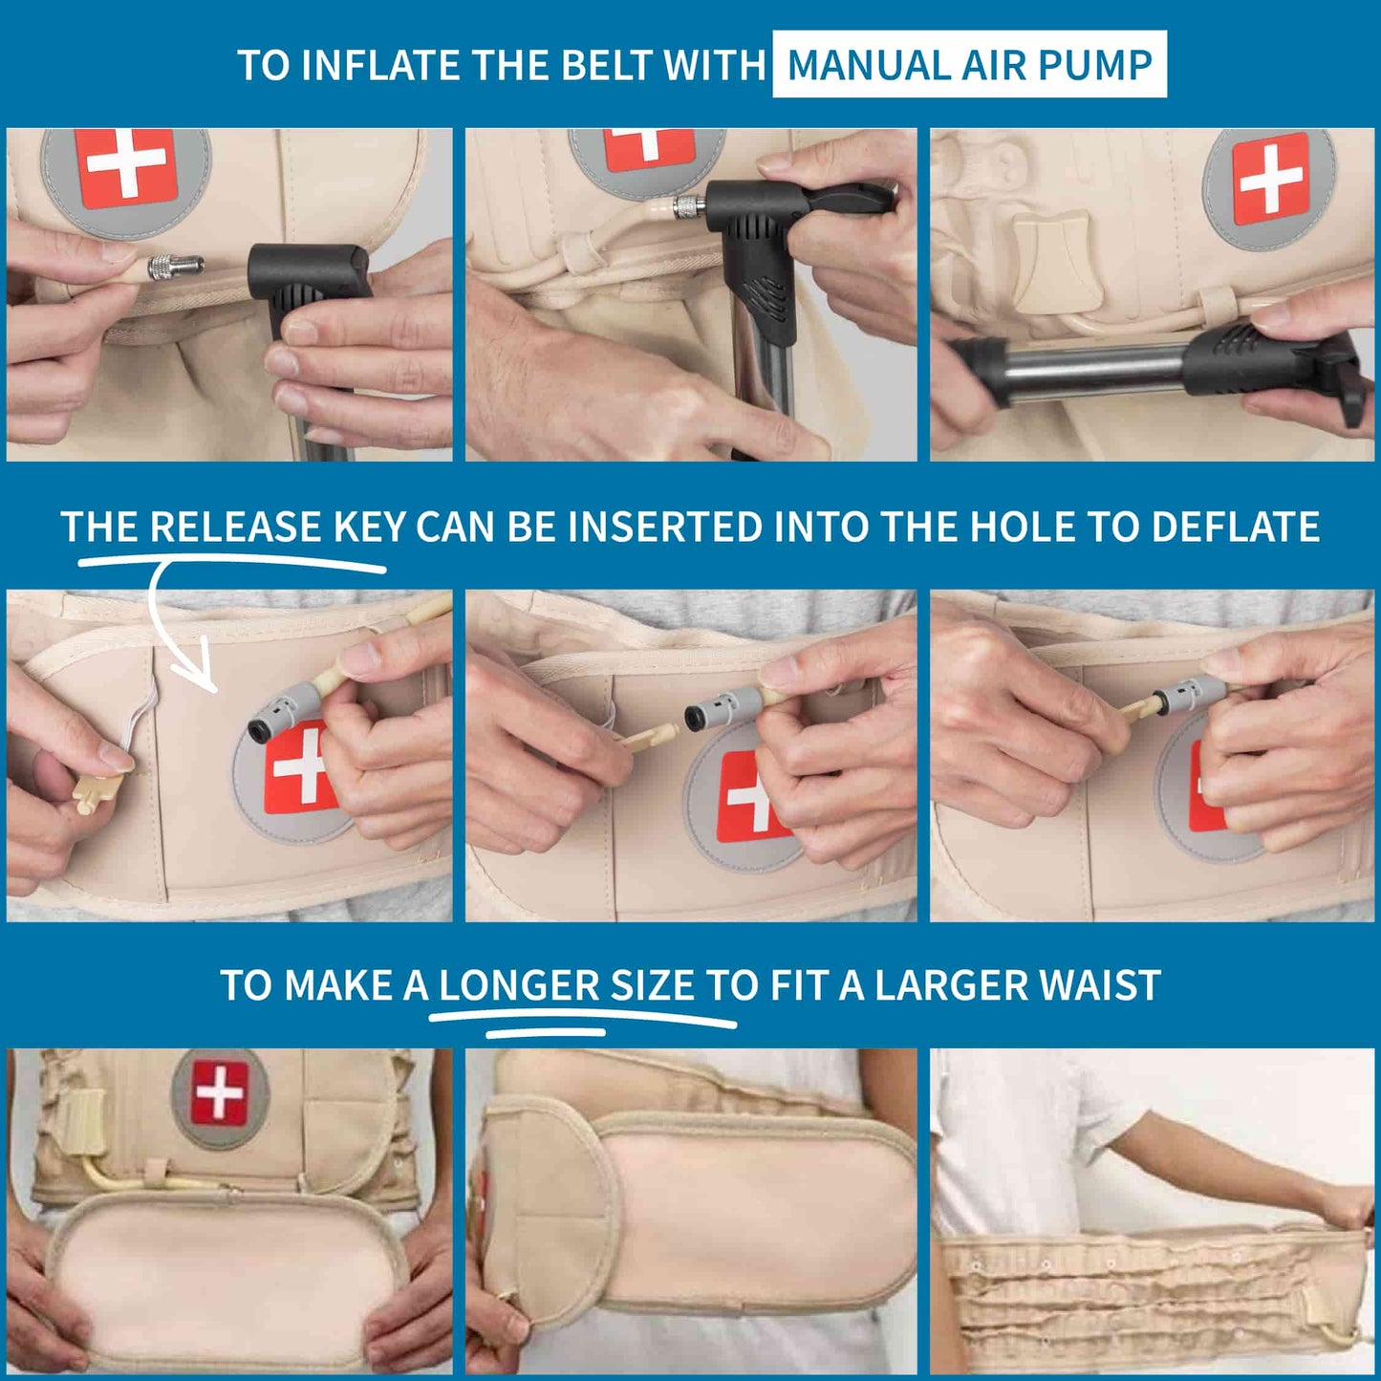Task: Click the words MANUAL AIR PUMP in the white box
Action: coord(969,65)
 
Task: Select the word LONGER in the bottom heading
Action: coord(519,985)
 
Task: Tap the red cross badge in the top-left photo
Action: coord(125,167)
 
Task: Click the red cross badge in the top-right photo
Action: coord(1269,179)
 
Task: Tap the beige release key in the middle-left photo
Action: coord(96,792)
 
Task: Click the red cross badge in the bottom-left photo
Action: coord(219,1091)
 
